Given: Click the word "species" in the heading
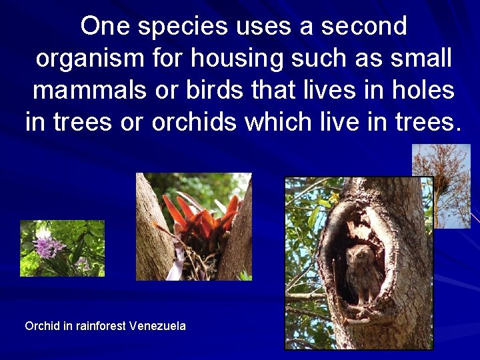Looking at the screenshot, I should click(x=177, y=27).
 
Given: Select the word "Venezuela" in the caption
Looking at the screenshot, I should click(x=157, y=326).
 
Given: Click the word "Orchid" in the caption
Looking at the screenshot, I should click(x=41, y=326).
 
